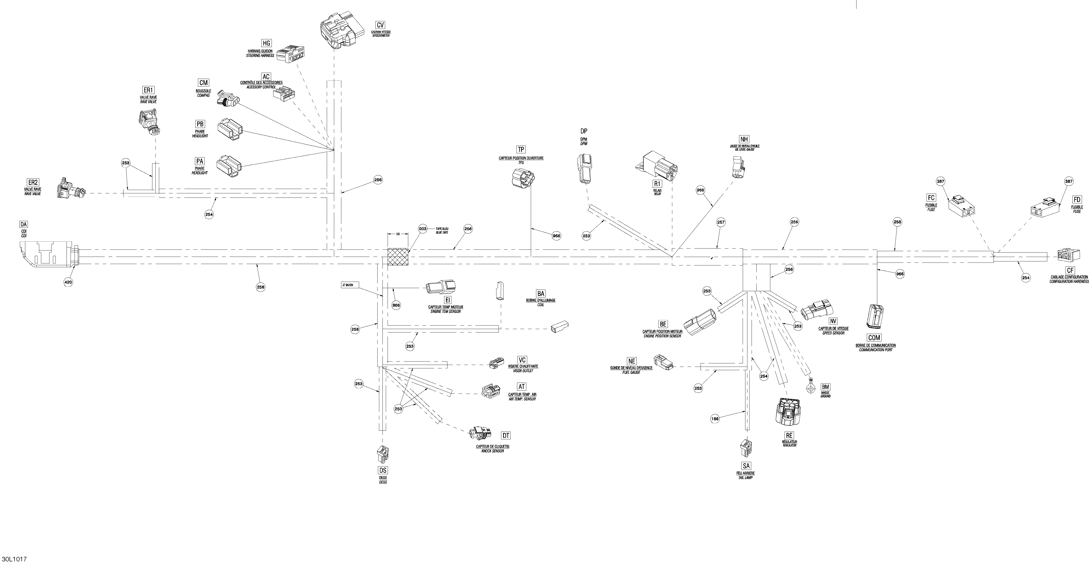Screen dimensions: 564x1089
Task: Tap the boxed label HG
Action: (266, 43)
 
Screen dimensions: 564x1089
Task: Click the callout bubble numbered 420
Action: (68, 282)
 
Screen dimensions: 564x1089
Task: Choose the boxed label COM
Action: (874, 338)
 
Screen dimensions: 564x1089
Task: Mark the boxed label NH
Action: (744, 139)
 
